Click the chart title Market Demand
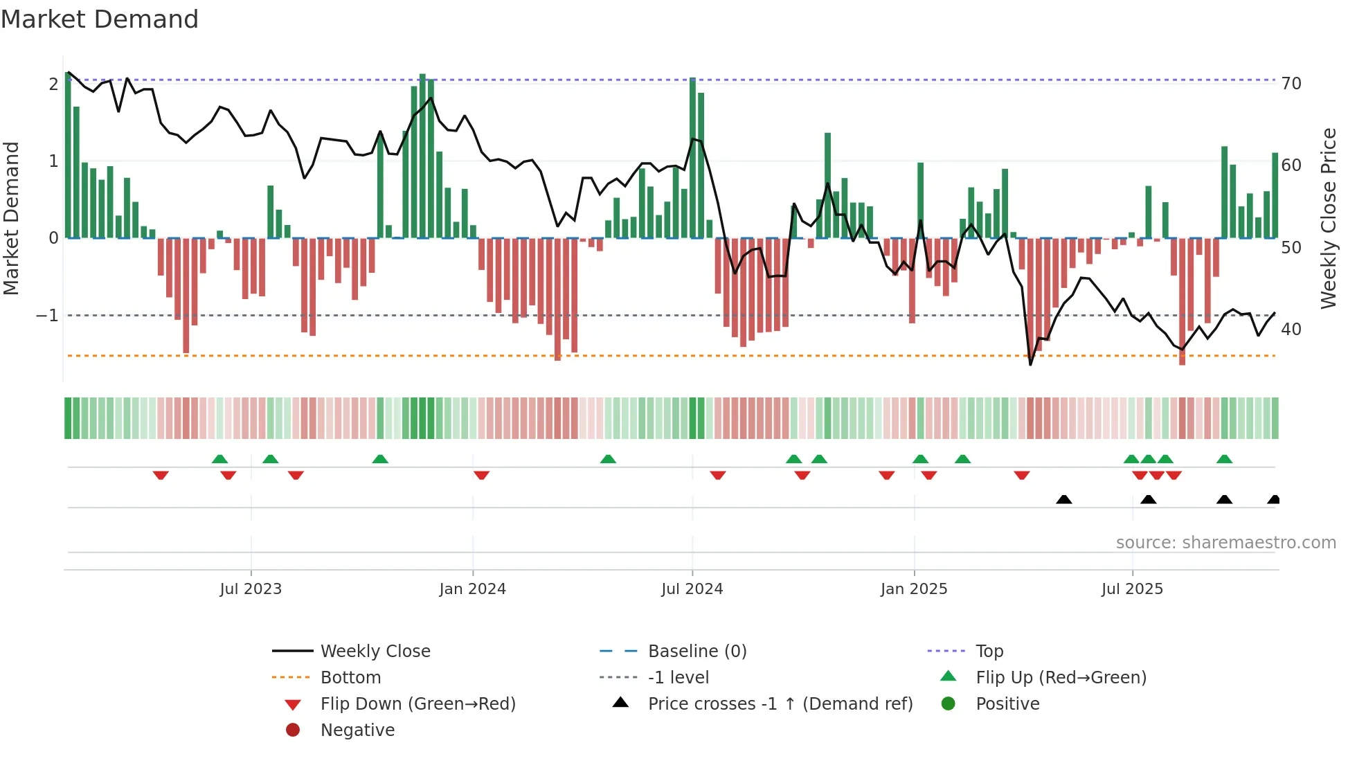coord(100,19)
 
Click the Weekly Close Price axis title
coord(1328,218)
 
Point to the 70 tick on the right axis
coord(1291,84)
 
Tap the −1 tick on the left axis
coord(47,316)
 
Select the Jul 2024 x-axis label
coord(692,589)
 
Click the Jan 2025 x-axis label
coord(914,589)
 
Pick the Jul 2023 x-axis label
coord(251,589)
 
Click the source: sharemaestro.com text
coord(1225,543)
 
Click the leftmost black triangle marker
coord(1064,500)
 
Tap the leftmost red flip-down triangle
coord(161,475)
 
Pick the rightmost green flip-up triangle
coord(1224,459)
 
